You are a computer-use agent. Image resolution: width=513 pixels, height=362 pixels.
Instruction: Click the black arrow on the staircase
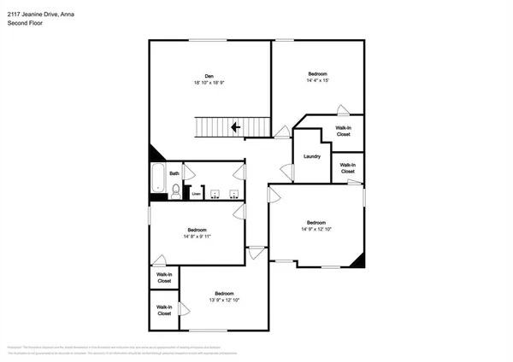[x=234, y=128]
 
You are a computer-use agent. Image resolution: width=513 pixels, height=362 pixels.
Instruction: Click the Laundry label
[x=311, y=155]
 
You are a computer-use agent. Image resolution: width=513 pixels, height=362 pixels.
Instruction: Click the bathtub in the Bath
[x=158, y=180]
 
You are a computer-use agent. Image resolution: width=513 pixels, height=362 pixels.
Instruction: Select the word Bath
[x=174, y=173]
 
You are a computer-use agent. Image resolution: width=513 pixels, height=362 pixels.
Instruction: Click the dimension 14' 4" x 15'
[x=316, y=80]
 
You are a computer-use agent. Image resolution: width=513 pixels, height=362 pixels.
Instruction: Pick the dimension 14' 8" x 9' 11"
[x=197, y=236]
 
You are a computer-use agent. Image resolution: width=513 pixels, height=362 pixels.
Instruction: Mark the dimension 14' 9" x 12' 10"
[x=315, y=229]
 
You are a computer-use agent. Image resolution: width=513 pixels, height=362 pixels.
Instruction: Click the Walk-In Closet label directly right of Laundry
[x=347, y=168]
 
